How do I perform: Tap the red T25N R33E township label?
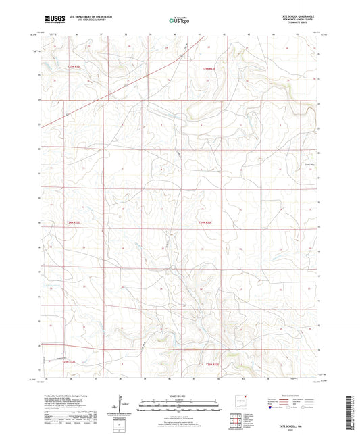[x=208, y=68]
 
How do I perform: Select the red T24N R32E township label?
[x=72, y=222]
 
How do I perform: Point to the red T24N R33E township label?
[x=205, y=222]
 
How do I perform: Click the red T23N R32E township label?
[x=70, y=362]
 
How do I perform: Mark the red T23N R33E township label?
[x=213, y=365]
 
